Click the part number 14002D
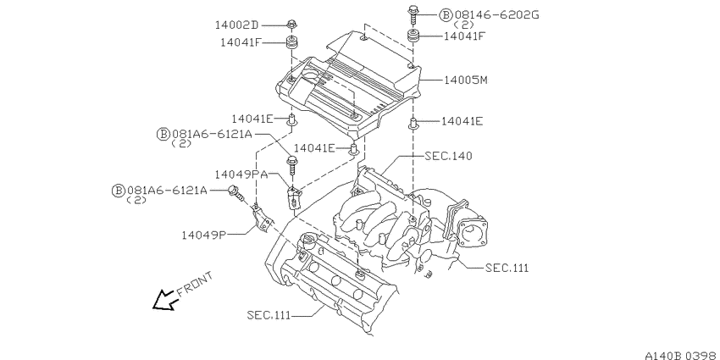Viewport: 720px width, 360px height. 238,25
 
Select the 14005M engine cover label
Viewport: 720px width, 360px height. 465,80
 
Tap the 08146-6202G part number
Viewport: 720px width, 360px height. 496,15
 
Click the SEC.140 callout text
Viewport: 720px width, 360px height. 448,156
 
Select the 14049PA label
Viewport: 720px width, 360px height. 241,174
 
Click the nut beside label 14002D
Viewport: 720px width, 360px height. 291,25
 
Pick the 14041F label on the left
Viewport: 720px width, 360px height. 241,42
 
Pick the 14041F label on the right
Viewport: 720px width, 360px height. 464,36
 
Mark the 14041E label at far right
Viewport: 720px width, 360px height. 462,121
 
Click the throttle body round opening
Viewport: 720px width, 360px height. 471,231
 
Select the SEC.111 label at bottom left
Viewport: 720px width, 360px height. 269,315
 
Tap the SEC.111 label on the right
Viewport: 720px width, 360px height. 507,268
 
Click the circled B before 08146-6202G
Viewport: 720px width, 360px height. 446,15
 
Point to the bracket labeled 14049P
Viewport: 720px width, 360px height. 262,219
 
